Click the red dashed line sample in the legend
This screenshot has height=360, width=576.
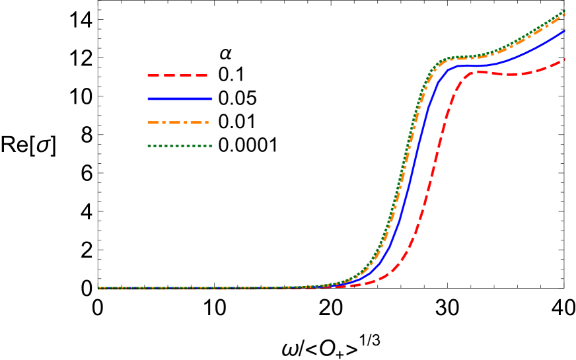[178, 75]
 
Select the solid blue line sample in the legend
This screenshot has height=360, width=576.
[180, 98]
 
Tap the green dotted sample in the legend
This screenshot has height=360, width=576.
[180, 145]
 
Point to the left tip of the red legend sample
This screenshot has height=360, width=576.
[148, 75]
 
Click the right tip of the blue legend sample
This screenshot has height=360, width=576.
[212, 98]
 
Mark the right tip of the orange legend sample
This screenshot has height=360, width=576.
[209, 122]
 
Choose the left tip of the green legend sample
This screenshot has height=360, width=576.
[148, 145]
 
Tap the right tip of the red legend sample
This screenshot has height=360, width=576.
[208, 75]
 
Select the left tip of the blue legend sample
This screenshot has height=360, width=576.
[148, 98]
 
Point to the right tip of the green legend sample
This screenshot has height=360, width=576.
[212, 145]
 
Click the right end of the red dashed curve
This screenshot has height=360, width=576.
[565, 59]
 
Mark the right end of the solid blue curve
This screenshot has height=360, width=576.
[565, 30]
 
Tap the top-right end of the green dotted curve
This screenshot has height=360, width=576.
[565, 11]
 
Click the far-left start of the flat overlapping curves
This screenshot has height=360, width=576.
[99, 288]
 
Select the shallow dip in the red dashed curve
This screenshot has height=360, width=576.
[515, 75]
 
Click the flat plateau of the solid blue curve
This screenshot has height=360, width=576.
[472, 65]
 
